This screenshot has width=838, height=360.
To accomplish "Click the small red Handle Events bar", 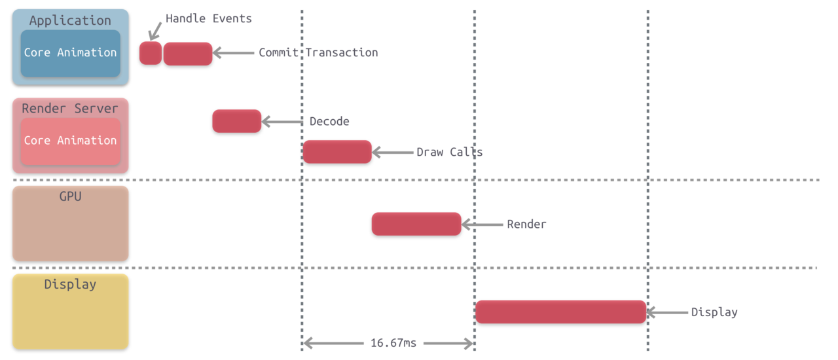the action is tap(151, 53).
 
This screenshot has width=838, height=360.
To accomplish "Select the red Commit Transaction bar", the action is tap(188, 54).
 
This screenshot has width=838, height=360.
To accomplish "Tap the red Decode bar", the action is tap(237, 121).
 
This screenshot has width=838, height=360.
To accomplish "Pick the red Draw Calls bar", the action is tap(337, 152).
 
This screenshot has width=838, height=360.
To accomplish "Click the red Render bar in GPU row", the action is tap(416, 224).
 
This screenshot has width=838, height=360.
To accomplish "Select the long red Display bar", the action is tap(561, 312).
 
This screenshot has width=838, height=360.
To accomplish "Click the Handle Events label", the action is tap(209, 18).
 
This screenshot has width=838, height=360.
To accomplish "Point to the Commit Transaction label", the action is tap(318, 52).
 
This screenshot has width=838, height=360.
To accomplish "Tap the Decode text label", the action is tap(329, 121).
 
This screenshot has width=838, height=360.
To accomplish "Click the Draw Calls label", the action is tap(450, 152).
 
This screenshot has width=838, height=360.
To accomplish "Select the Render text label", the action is tap(527, 224).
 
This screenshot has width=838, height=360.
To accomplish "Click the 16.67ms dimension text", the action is tap(393, 343).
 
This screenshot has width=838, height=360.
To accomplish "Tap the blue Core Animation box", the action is tap(70, 54).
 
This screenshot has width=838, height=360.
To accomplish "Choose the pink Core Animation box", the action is tap(70, 141).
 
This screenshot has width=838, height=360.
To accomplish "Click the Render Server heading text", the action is tap(70, 108).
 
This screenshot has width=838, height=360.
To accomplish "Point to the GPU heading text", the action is tap(70, 196).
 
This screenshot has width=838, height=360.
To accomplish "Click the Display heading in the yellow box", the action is tap(70, 285).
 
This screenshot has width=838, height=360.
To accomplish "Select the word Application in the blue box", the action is tap(70, 20).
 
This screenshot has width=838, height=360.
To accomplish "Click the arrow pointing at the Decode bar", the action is tap(282, 122).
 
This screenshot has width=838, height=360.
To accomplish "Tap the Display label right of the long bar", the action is tap(714, 312).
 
